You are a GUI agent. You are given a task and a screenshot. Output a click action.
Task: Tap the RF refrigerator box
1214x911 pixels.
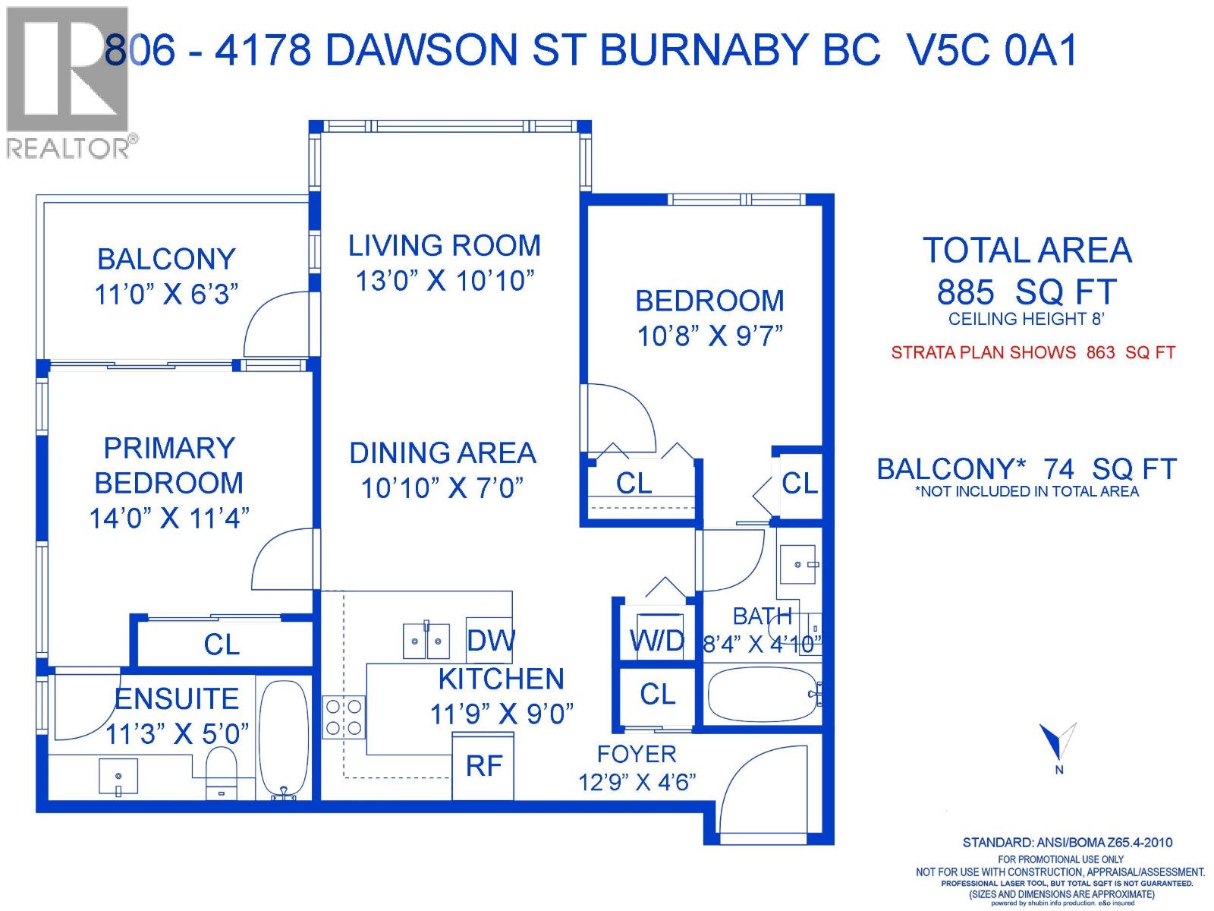point(483,766)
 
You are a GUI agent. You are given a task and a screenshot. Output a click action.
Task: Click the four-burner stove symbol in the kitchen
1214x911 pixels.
point(343,717)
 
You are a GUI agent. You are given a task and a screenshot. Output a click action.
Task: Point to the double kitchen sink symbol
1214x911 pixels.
point(426,641)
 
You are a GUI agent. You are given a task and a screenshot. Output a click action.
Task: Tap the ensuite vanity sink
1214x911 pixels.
point(118,776)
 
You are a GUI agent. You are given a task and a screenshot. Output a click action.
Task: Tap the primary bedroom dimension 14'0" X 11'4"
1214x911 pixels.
point(169,519)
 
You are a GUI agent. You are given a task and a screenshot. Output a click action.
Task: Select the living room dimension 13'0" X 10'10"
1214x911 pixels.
point(445,281)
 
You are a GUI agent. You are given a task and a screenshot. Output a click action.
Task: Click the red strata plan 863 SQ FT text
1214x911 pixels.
point(1033,352)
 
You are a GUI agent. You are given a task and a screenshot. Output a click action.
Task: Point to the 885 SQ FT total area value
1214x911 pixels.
point(1027,292)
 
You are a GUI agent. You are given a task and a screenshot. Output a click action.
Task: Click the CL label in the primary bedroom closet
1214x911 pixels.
point(222,645)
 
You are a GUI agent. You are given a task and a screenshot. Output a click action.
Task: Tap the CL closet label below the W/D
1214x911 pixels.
point(657,694)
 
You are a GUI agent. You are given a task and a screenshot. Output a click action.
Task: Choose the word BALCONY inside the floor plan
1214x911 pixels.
point(166,260)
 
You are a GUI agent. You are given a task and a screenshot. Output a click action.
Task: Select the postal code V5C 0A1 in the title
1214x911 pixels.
point(992,52)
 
